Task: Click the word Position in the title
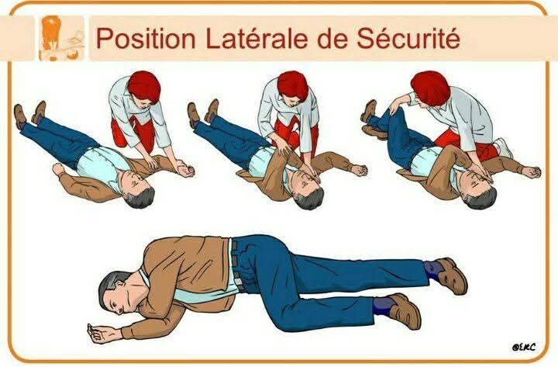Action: (146, 39)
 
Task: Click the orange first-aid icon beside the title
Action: (62, 39)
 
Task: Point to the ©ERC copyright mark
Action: (523, 346)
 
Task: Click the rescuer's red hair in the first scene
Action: (144, 87)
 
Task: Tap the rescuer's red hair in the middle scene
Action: (293, 85)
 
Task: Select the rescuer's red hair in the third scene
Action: (430, 88)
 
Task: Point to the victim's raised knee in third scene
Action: (396, 113)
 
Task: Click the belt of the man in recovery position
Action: (236, 265)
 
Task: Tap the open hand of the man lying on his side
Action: (100, 333)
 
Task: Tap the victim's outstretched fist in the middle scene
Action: (359, 171)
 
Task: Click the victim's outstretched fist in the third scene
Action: (532, 172)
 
